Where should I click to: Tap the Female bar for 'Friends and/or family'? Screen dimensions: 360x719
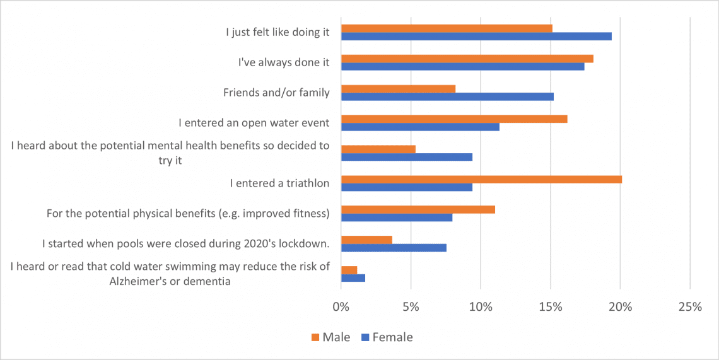click(x=447, y=96)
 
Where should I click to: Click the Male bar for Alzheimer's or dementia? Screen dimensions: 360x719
click(x=349, y=270)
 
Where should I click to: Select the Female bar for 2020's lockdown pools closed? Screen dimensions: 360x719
click(x=394, y=248)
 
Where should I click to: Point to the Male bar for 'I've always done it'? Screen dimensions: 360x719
click(x=467, y=59)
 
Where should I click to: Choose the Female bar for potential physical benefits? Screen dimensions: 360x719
click(x=397, y=218)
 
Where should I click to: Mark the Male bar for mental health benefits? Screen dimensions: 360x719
click(x=378, y=149)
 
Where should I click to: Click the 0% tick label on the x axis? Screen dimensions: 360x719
click(x=341, y=307)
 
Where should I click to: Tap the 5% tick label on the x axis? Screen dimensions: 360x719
click(x=411, y=307)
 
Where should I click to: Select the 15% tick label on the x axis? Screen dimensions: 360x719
click(x=550, y=307)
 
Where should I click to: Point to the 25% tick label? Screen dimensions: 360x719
click(x=689, y=307)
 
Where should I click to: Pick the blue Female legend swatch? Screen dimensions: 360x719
click(x=365, y=337)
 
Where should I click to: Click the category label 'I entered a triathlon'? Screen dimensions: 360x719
click(x=279, y=183)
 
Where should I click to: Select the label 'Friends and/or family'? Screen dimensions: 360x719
click(x=276, y=93)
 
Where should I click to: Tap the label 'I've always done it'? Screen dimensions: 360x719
click(x=284, y=62)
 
